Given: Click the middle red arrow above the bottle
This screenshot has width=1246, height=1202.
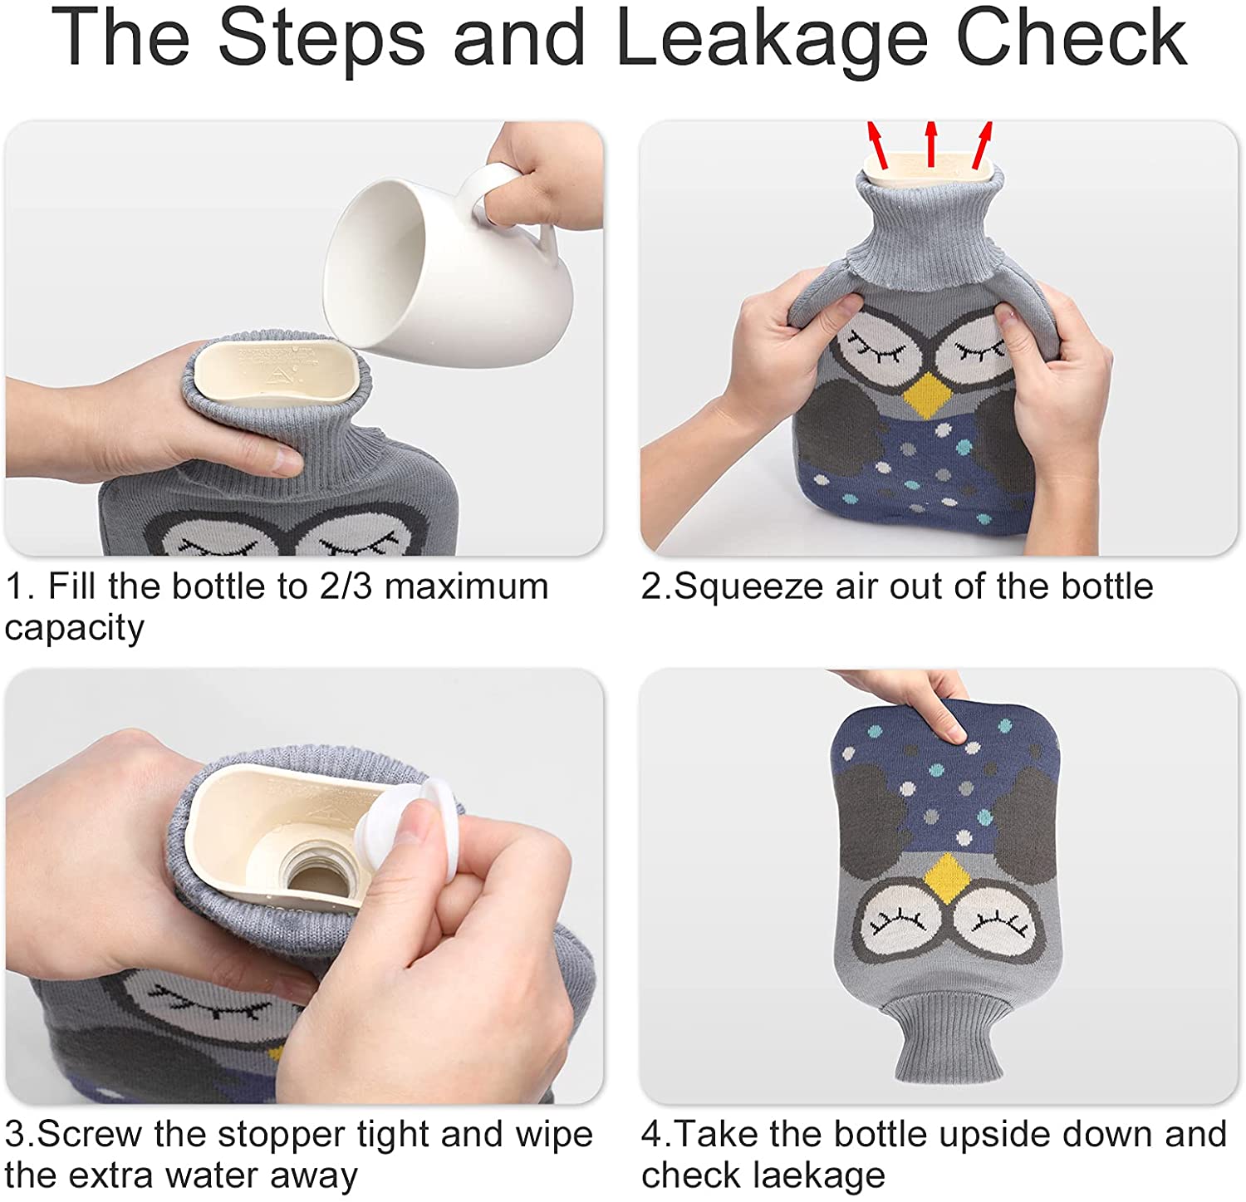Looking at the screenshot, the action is (x=931, y=143).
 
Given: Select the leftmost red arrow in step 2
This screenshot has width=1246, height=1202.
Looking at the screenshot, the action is (x=877, y=145).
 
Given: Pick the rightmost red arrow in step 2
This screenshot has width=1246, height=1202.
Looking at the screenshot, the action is (x=983, y=145).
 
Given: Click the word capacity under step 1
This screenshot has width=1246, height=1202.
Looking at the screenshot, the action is (x=75, y=630).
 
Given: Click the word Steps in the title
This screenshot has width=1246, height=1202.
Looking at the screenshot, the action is (x=322, y=38).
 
